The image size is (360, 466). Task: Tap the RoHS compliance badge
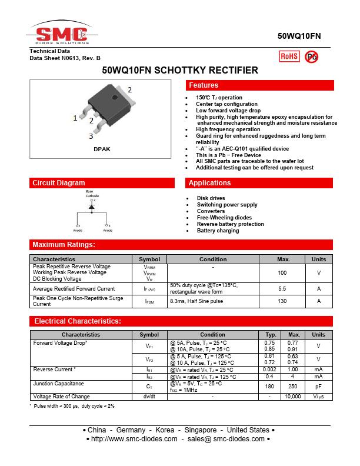(x=289, y=56)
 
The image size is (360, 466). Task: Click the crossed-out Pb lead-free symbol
(x=311, y=56)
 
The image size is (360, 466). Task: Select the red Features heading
(x=204, y=86)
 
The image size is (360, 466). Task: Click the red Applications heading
(x=210, y=183)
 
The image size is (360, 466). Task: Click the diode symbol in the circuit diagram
(x=92, y=207)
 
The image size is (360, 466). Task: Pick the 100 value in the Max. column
(x=282, y=273)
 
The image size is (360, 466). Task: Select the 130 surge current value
(x=282, y=301)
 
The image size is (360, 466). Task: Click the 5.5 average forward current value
(x=282, y=289)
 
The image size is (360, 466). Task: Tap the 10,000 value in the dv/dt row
(x=293, y=397)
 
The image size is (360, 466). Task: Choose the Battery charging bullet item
(x=218, y=231)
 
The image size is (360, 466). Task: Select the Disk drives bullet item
(x=211, y=198)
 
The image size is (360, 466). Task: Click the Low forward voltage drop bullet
(x=228, y=111)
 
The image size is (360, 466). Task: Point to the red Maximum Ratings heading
(x=64, y=245)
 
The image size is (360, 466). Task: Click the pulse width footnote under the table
(x=74, y=406)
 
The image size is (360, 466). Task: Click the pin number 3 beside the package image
(x=91, y=137)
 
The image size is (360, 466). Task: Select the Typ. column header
(x=271, y=335)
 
